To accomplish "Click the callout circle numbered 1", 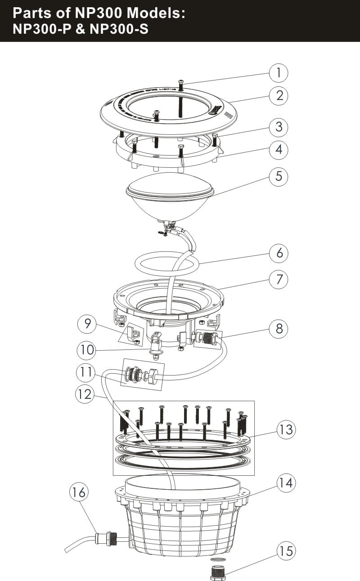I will (x=279, y=72).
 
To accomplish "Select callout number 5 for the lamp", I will (x=279, y=176).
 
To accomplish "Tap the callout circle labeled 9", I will (x=86, y=323).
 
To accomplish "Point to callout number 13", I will (x=285, y=429).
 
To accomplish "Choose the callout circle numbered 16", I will (x=79, y=493).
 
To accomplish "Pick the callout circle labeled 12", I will (x=84, y=394).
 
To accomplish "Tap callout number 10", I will (x=86, y=349).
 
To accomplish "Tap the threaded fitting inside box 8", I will (x=207, y=338).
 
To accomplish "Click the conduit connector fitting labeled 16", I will (x=107, y=539).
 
